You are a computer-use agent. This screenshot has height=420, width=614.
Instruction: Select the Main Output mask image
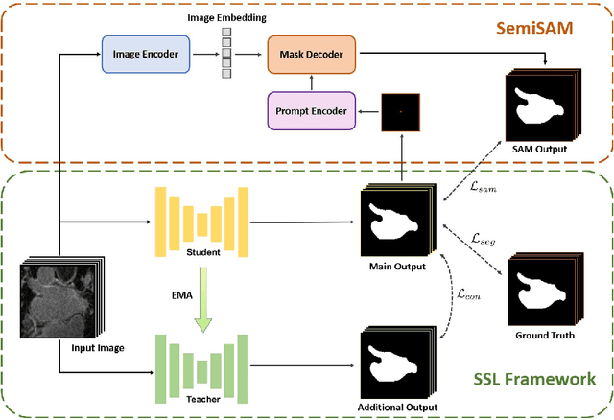click(x=396, y=222)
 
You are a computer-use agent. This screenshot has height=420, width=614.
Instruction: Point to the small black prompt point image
click(x=400, y=112)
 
